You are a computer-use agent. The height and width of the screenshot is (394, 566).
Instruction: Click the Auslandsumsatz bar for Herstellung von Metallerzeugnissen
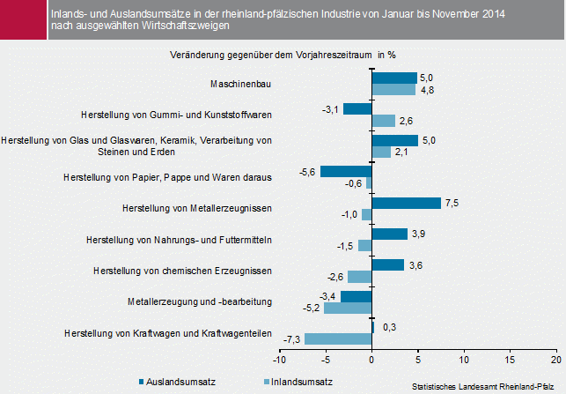[406, 203]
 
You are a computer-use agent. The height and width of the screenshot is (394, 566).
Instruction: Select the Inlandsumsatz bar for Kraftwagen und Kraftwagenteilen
[338, 339]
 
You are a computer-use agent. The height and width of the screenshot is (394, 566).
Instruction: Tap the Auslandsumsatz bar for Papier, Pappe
[346, 171]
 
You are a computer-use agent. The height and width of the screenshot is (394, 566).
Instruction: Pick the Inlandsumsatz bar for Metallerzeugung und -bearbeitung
[348, 308]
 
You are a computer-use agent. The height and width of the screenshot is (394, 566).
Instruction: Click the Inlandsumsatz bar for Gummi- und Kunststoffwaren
[384, 121]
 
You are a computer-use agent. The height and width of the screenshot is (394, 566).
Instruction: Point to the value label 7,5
[452, 203]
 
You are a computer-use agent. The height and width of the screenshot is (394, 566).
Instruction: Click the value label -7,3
[293, 339]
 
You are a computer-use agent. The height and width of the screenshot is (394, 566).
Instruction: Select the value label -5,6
[308, 171]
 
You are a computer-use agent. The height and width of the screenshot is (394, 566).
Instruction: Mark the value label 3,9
[419, 234]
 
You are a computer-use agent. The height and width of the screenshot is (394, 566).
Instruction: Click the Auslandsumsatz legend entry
[178, 382]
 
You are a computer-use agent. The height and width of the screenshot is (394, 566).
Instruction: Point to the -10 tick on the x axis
[279, 360]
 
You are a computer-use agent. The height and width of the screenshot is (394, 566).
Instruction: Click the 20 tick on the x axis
[555, 360]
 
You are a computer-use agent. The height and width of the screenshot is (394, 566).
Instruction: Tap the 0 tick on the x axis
[371, 360]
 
